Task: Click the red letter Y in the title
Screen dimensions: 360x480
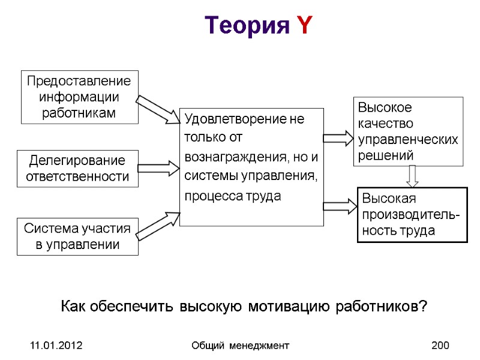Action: pos(304,26)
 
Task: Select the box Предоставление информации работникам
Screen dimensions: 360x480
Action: pos(79,97)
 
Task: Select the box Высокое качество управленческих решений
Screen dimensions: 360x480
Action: pos(408,131)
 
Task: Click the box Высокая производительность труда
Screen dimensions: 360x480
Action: pos(412,214)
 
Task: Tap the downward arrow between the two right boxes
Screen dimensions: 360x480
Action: pos(412,176)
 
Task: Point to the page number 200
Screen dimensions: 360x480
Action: pos(440,346)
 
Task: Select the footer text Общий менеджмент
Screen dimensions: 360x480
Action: pos(240,346)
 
